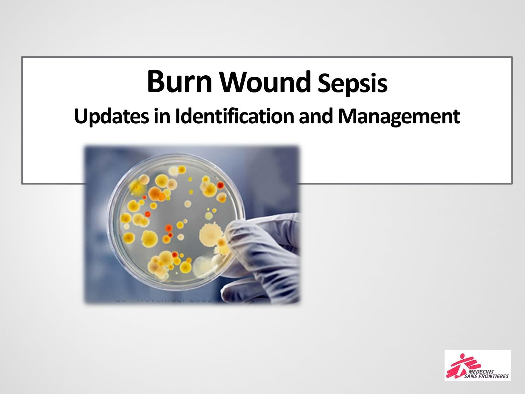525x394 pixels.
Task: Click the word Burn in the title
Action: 179,82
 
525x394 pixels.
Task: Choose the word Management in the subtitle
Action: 399,117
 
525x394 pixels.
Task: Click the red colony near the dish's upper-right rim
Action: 220,185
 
